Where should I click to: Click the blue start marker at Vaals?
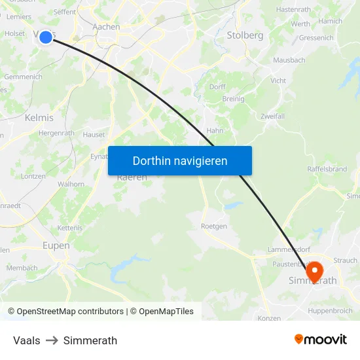click(x=46, y=37)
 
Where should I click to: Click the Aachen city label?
click(x=107, y=27)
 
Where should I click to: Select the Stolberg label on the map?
click(x=245, y=35)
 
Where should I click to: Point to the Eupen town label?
click(x=56, y=245)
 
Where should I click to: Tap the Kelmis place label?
click(x=39, y=118)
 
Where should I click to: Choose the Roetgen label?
click(x=213, y=226)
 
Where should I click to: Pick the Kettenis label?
click(x=70, y=227)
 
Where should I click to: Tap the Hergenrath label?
click(x=57, y=133)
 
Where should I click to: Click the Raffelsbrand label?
click(x=327, y=168)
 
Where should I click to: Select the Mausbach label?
click(x=289, y=60)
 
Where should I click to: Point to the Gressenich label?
click(x=315, y=38)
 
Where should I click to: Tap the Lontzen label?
click(x=33, y=176)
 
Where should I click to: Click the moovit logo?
click(x=321, y=339)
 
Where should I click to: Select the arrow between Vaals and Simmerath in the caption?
click(x=52, y=340)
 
